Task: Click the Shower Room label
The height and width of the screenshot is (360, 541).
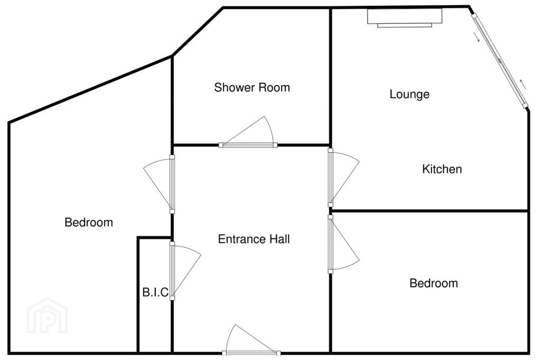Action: point(252,87)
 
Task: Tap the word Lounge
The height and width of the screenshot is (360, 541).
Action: point(409,94)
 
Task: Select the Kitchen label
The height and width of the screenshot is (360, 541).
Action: point(442,169)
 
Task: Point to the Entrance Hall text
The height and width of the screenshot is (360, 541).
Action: point(254,239)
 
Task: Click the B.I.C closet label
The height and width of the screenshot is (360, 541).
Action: point(155,292)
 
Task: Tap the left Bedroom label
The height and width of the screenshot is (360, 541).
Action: point(89,222)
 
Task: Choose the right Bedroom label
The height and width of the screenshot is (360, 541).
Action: point(434,283)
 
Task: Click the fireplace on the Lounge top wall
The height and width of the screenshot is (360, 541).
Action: point(404,18)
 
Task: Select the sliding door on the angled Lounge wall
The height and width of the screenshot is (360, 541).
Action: point(500,61)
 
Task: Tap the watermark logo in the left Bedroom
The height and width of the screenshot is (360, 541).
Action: point(47,316)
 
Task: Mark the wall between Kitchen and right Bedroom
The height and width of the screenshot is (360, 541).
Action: point(429,210)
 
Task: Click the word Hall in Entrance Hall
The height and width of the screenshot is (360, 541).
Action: point(278,239)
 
